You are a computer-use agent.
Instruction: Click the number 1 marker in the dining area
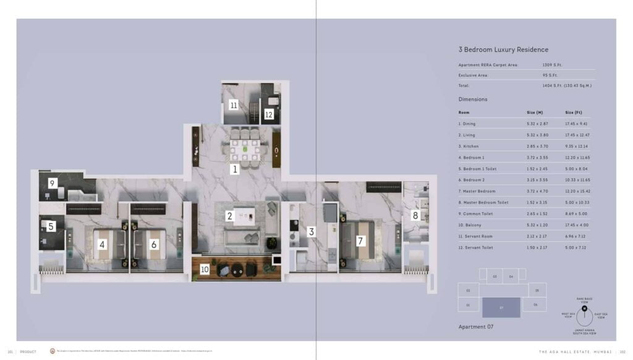pos(234,169)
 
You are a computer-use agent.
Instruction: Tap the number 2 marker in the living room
pos(229,216)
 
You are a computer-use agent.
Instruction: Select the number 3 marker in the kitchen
pos(311,232)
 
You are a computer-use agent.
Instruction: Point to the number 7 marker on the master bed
pos(360,240)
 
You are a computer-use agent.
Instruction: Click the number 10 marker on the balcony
pos(205,270)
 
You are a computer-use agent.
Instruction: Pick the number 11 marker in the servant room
pos(234,105)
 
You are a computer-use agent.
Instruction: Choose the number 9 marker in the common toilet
pos(53,183)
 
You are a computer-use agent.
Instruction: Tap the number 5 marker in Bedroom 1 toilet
pos(51,226)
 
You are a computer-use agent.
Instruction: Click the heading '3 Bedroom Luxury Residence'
pos(503,49)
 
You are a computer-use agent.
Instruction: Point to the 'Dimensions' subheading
pos(473,99)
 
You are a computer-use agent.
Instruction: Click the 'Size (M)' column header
pos(535,113)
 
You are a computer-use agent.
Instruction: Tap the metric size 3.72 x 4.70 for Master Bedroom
pos(537,191)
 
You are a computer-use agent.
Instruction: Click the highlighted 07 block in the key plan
pos(501,307)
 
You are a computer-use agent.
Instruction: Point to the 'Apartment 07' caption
pos(475,326)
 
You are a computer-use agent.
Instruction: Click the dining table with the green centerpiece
pos(245,149)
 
